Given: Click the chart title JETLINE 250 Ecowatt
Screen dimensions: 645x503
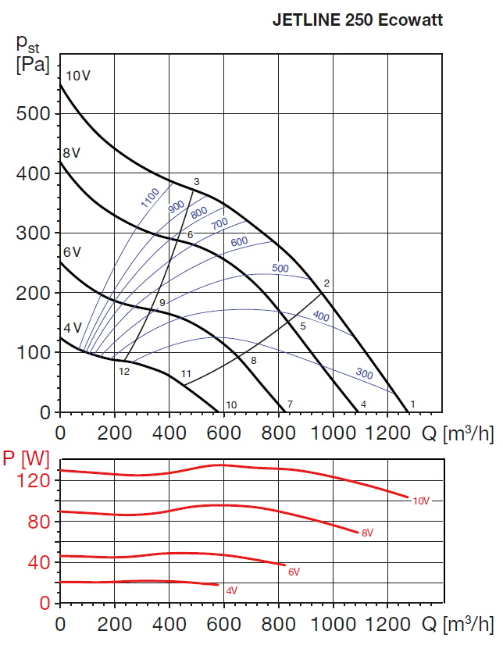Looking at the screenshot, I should (x=357, y=21).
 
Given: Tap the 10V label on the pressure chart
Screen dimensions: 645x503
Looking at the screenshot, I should (x=78, y=76).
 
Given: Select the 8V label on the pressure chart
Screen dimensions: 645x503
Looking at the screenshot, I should (x=72, y=153).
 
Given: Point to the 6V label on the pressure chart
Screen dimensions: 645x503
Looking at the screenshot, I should (x=72, y=251).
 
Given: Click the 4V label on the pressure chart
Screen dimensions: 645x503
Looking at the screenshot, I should (x=72, y=327).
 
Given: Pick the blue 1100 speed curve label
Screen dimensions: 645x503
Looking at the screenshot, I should (x=150, y=198).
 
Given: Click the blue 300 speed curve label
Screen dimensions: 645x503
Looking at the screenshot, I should (x=364, y=373).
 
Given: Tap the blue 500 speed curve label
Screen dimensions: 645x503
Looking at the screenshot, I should (x=280, y=269).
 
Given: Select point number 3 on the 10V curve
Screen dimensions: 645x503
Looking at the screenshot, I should (x=197, y=182).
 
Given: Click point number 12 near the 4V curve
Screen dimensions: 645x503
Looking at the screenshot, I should (x=124, y=372).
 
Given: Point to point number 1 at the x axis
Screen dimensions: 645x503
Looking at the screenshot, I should (x=412, y=404).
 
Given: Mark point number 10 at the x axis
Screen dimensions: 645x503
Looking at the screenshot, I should (x=231, y=404).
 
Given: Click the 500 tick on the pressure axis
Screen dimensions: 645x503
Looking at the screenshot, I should (x=34, y=113).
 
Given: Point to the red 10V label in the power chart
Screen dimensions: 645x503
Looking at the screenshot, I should (x=421, y=501).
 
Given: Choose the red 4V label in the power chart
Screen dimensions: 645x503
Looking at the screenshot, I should (x=231, y=590).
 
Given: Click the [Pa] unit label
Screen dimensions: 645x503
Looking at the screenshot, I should (x=31, y=64).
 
